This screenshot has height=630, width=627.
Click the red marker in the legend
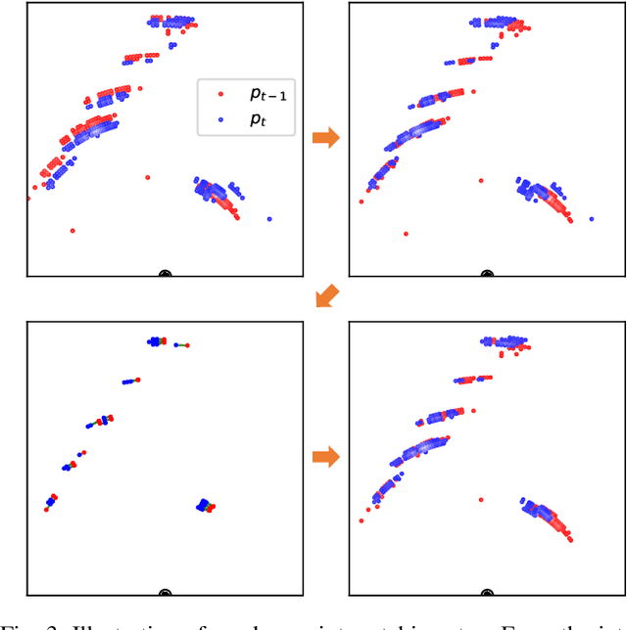[220, 95]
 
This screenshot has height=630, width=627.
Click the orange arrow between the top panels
[325, 138]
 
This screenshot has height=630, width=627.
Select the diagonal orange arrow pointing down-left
[326, 295]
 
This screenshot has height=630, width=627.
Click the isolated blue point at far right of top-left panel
[269, 219]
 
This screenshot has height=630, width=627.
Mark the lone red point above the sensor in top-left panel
[148, 177]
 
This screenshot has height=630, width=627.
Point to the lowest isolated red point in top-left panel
[72, 231]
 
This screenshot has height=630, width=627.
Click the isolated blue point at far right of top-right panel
[592, 219]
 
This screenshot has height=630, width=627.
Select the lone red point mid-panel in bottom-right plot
[480, 499]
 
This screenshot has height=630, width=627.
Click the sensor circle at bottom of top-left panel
[165, 275]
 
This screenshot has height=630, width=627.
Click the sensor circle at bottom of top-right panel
[487, 275]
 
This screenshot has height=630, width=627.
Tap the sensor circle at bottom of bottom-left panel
[165, 593]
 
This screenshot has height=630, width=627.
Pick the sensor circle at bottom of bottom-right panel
[487, 593]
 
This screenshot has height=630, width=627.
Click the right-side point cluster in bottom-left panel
[205, 505]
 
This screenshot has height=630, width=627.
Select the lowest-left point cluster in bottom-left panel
[50, 503]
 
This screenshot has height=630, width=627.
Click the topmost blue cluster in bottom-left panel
[156, 341]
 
